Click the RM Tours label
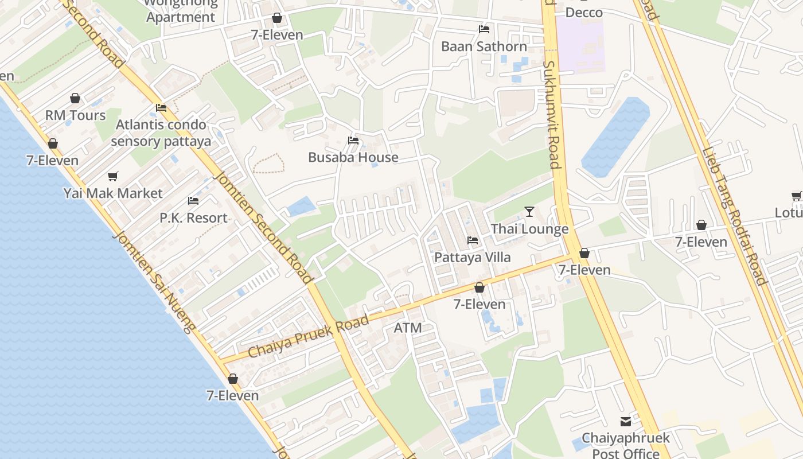(x=76, y=115)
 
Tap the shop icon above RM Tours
(x=75, y=99)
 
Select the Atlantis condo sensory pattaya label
(x=161, y=133)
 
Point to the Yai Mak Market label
(x=113, y=193)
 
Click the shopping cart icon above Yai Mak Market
(x=113, y=177)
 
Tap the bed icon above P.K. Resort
(x=193, y=201)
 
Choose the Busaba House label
(x=353, y=157)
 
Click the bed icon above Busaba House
(x=353, y=141)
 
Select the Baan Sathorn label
(x=484, y=46)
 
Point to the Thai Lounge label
(x=529, y=229)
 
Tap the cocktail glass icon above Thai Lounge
(x=529, y=212)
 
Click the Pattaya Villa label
(x=473, y=257)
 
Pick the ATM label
(x=408, y=328)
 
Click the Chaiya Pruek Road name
(x=308, y=338)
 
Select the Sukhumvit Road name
(x=551, y=115)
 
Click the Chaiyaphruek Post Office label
(x=626, y=446)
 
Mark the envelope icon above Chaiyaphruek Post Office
(x=626, y=422)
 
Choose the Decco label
(x=584, y=13)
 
